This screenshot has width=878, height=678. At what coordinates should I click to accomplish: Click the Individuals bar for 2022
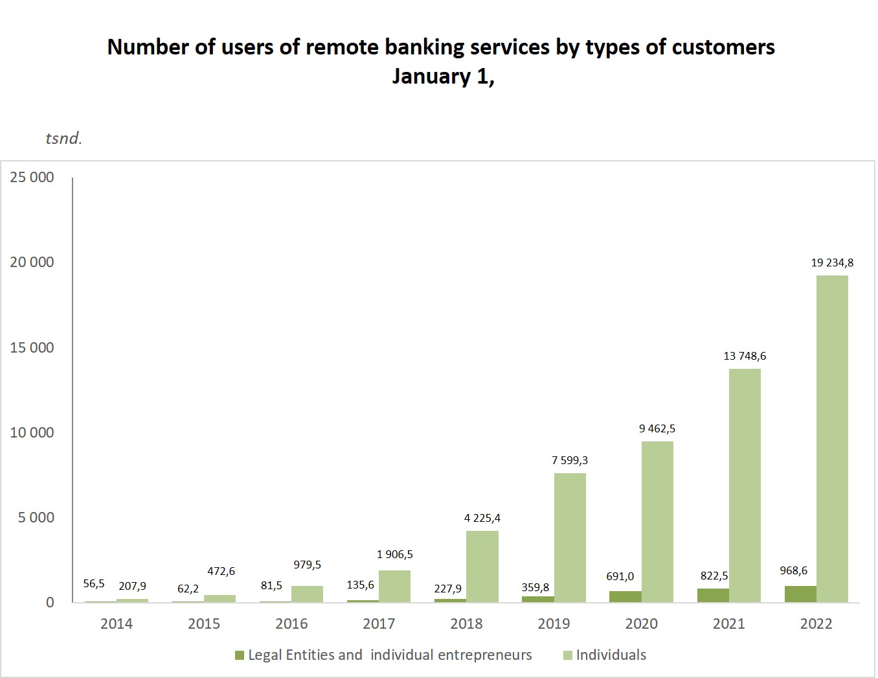point(832,439)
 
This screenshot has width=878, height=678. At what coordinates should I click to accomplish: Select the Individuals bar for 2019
point(570,538)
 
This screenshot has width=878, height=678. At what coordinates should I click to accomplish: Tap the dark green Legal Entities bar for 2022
point(800,594)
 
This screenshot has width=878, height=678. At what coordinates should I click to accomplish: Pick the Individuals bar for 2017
point(394,587)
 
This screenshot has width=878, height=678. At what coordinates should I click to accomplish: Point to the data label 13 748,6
point(745,356)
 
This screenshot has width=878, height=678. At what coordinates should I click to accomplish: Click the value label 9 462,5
point(657,428)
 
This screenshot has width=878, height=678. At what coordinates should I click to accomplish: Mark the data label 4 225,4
point(482,518)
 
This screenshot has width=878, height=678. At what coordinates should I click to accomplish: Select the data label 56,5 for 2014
point(94,583)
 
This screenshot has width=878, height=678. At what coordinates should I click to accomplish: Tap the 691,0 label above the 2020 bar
point(620,576)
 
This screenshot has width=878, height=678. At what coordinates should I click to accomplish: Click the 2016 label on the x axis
point(291,624)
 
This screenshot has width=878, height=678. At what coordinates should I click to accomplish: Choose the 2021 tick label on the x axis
point(728,624)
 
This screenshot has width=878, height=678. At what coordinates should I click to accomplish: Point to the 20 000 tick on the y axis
point(32,262)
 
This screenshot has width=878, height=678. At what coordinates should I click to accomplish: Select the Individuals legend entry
point(611,655)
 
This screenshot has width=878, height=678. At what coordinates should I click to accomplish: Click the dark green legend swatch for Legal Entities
point(240,655)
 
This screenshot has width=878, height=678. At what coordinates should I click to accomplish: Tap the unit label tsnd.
point(63,138)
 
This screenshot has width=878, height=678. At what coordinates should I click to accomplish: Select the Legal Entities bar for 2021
point(713,596)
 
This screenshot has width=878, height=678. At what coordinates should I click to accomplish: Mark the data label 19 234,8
point(832,263)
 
